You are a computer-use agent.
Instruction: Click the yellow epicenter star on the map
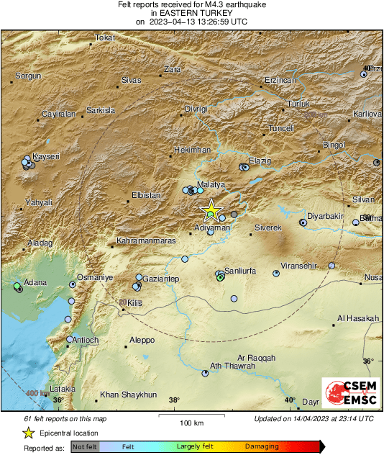[x=211, y=211]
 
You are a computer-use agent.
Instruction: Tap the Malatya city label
[x=212, y=185]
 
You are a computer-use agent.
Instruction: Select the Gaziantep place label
[x=161, y=278]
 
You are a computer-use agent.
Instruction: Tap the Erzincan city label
[x=280, y=81]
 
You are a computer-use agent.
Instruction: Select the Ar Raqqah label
[x=257, y=357]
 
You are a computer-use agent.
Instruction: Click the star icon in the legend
[x=27, y=433]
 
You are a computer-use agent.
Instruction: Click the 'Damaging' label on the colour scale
[x=262, y=447]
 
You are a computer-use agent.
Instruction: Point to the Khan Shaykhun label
[x=128, y=395]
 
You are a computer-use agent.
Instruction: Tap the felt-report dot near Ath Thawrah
[x=206, y=373]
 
